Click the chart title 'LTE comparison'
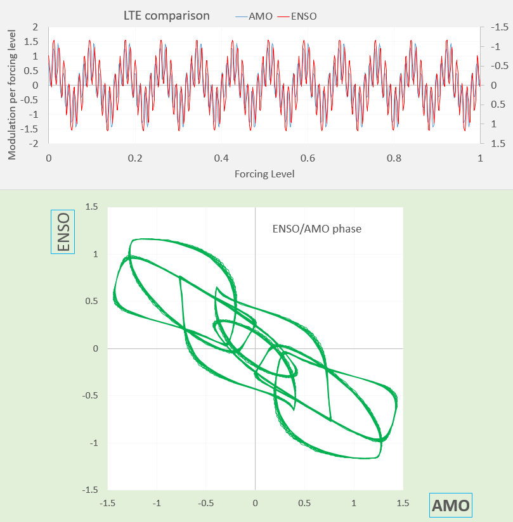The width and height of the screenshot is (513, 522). pos(166,16)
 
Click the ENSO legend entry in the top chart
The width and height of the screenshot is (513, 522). pos(304,16)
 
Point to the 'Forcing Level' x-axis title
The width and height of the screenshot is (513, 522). pos(264,173)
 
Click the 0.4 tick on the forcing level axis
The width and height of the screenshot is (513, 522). pos(221,157)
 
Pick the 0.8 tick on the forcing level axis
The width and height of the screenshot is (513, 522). pos(394,157)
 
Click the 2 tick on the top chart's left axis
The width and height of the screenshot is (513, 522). pos(36,27)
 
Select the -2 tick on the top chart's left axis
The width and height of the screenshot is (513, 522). pos(33,144)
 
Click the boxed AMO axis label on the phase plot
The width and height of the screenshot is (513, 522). pos(450,506)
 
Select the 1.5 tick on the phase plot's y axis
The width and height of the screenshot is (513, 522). pos(93,207)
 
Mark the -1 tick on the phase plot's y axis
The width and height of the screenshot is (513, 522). pos(93,443)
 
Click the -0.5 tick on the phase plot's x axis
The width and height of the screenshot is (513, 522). pos(205,502)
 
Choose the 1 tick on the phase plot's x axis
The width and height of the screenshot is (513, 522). pos(353,502)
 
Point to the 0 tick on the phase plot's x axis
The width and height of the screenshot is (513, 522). pos(255,502)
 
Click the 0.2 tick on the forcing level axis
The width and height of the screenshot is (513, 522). pos(134,157)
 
